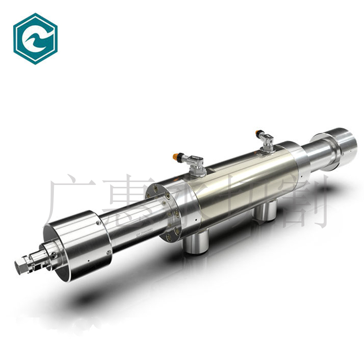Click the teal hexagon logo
(x=35, y=39)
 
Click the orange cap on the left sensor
(x=176, y=156)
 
